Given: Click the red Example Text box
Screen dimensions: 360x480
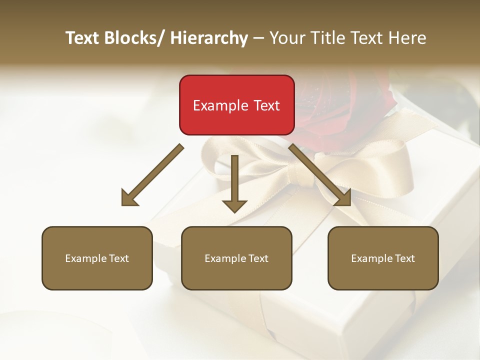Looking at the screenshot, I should click(x=236, y=105).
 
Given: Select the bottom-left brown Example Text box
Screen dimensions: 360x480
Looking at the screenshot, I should click(x=97, y=258).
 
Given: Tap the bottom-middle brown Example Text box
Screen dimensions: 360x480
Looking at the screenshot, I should click(x=236, y=258).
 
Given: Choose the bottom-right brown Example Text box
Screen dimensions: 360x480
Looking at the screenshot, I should click(x=383, y=258).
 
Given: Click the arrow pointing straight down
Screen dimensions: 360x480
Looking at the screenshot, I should click(x=234, y=182).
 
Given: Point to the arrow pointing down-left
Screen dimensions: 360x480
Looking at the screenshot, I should click(x=152, y=175).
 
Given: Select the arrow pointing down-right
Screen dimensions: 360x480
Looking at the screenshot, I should click(x=320, y=175).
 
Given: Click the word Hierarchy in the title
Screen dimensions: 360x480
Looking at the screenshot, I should click(x=209, y=38).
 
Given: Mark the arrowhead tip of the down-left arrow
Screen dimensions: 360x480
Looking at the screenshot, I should click(x=123, y=204).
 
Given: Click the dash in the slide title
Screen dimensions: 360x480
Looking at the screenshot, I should click(x=258, y=38).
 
